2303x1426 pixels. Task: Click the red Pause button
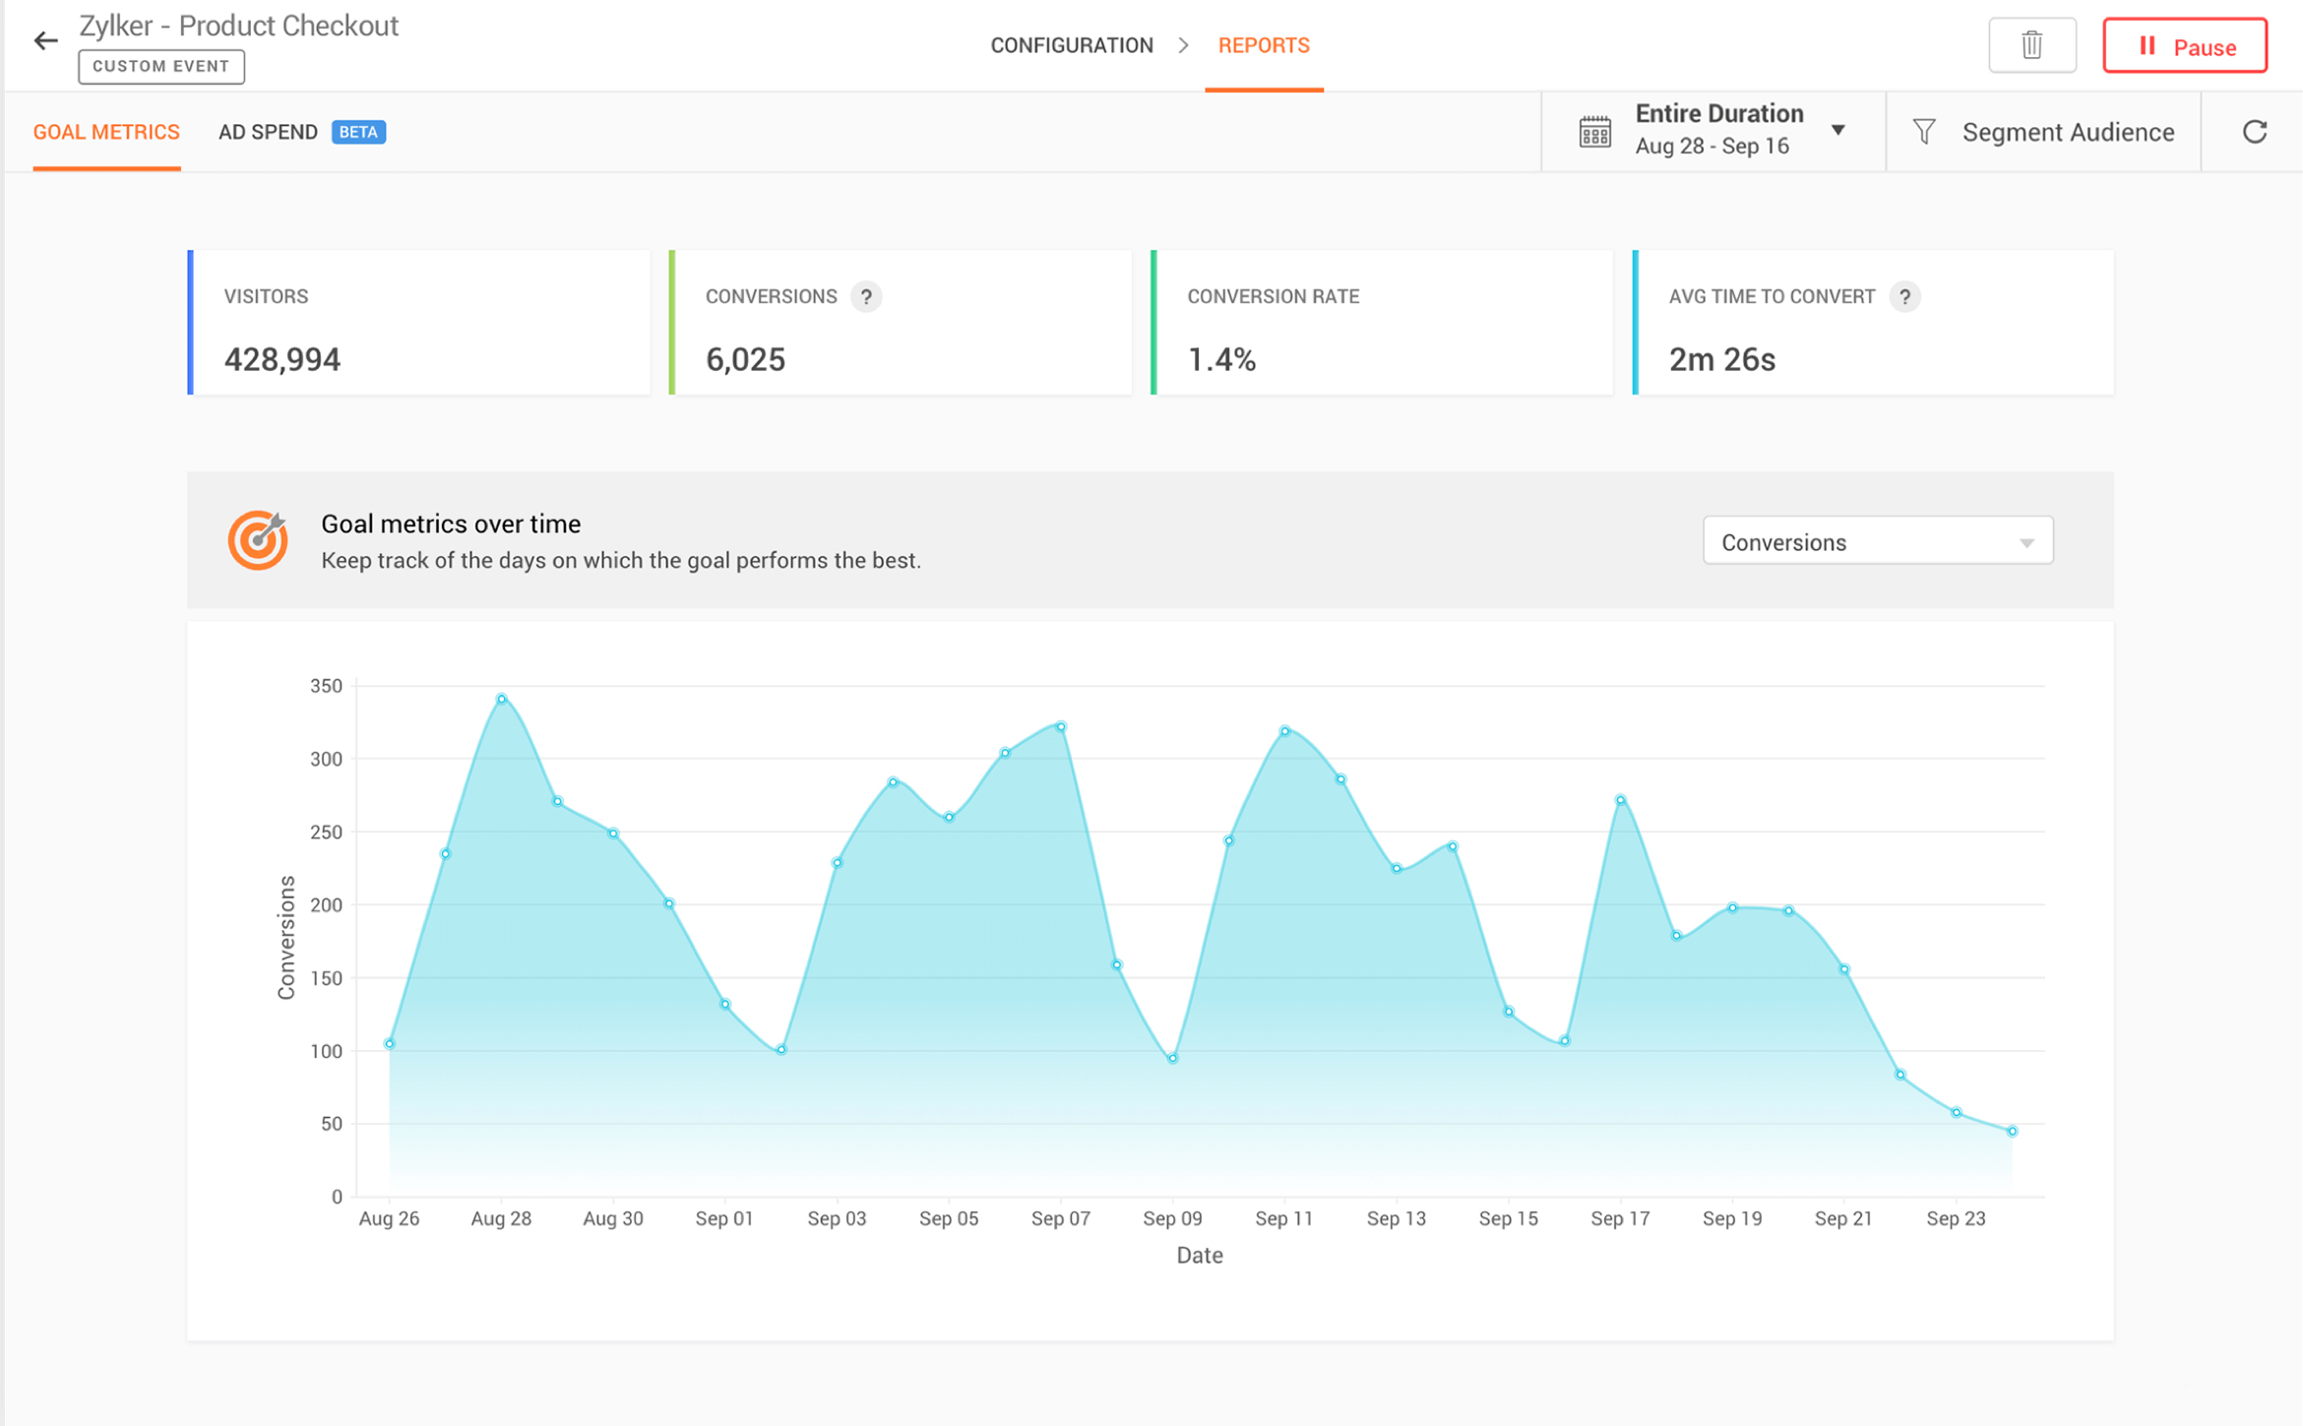[2184, 46]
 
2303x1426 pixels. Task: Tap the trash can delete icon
[2031, 45]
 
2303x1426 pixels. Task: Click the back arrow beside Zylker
[45, 40]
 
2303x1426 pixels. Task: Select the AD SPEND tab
[268, 132]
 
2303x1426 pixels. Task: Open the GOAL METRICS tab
[106, 132]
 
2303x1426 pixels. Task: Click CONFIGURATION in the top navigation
[1071, 45]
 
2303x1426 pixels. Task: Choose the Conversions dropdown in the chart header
[1877, 541]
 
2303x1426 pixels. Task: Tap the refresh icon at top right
[2254, 132]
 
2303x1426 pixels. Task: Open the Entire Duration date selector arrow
[1837, 130]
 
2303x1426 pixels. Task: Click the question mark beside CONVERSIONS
[866, 296]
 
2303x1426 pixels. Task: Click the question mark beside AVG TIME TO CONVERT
[1904, 296]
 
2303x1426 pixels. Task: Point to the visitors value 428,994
[282, 359]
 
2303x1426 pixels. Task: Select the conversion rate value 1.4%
[1221, 359]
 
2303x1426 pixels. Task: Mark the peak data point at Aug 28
[502, 699]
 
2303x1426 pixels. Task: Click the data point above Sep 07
[1061, 727]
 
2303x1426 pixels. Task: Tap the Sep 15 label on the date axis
[1508, 1218]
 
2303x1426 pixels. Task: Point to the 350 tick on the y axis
[326, 686]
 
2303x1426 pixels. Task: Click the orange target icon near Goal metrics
[258, 540]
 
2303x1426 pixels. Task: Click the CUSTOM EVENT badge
[161, 66]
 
